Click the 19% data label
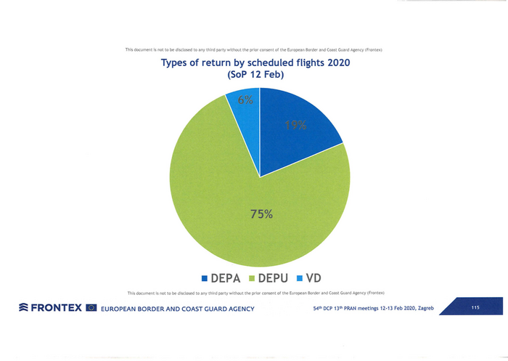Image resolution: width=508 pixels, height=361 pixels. [295, 125]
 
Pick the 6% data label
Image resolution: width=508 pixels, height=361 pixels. [245, 101]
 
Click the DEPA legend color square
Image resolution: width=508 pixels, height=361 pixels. [205, 278]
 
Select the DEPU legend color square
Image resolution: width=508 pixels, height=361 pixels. [253, 278]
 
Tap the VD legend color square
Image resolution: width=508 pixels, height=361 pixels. [300, 278]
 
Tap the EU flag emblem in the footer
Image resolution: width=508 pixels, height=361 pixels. [91, 308]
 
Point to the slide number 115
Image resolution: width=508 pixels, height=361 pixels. [475, 308]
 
